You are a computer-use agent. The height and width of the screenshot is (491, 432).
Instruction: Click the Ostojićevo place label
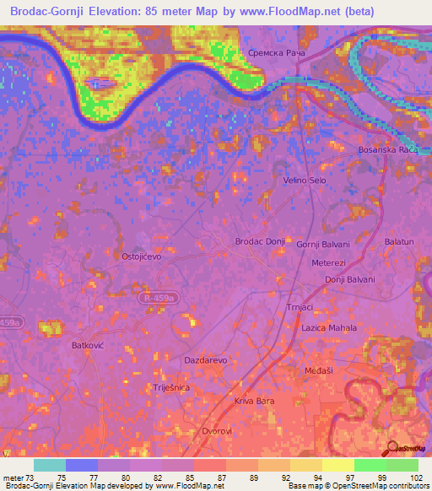[142, 256]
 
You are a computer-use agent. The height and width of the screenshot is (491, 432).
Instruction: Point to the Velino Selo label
[305, 181]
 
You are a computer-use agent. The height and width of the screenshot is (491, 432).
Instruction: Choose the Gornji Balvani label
[323, 244]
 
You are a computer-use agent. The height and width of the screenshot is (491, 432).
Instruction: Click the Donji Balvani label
[349, 279]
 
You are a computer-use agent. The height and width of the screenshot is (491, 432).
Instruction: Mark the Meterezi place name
[329, 262]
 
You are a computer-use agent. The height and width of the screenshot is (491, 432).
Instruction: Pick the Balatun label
[400, 242]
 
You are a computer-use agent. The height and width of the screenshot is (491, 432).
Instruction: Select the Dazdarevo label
[206, 360]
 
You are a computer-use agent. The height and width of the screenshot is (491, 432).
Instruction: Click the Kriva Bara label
[255, 402]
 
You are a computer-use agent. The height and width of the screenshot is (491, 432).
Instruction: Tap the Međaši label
[315, 370]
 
